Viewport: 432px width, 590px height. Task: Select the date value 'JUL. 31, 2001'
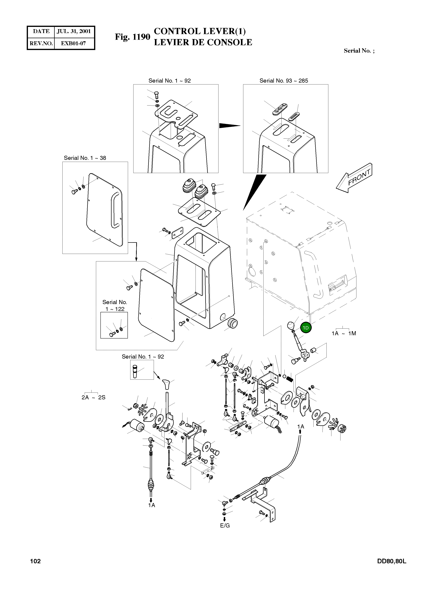(x=74, y=31)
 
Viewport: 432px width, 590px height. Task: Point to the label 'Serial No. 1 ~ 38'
(x=85, y=158)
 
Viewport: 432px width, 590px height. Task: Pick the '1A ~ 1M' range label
(x=344, y=333)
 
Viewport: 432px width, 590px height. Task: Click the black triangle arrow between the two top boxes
(x=230, y=126)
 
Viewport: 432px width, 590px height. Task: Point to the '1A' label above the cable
(x=301, y=427)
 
